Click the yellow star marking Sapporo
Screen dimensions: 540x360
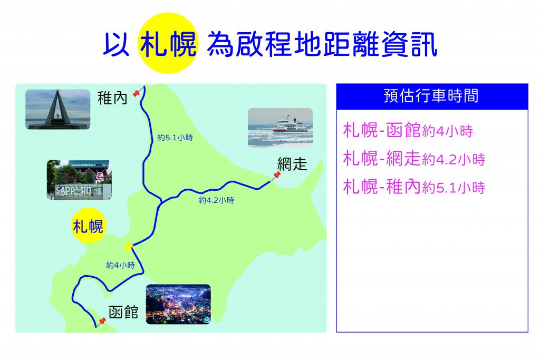tap(128, 247)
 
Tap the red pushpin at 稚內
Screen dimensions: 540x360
tap(138, 92)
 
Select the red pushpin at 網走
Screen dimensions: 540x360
tap(276, 176)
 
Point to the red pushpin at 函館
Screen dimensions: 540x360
tap(102, 322)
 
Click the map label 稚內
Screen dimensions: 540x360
tap(113, 98)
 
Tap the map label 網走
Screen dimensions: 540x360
tap(292, 164)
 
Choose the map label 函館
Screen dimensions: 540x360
tap(123, 312)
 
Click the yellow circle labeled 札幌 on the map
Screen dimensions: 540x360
tap(88, 226)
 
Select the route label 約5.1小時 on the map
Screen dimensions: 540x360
tap(175, 138)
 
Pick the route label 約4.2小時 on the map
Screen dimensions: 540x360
tap(216, 200)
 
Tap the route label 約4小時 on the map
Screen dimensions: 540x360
tap(121, 265)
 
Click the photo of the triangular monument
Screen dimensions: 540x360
tap(58, 110)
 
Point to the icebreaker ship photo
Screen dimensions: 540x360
tap(281, 128)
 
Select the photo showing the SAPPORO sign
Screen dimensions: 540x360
tap(79, 180)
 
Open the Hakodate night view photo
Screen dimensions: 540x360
tap(178, 304)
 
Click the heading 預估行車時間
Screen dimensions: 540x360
tap(431, 96)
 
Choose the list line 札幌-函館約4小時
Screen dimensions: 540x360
tap(408, 131)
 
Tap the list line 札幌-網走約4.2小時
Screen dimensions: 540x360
tap(414, 159)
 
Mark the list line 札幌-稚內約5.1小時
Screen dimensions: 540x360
tap(414, 187)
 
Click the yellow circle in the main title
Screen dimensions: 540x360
tap(168, 43)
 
